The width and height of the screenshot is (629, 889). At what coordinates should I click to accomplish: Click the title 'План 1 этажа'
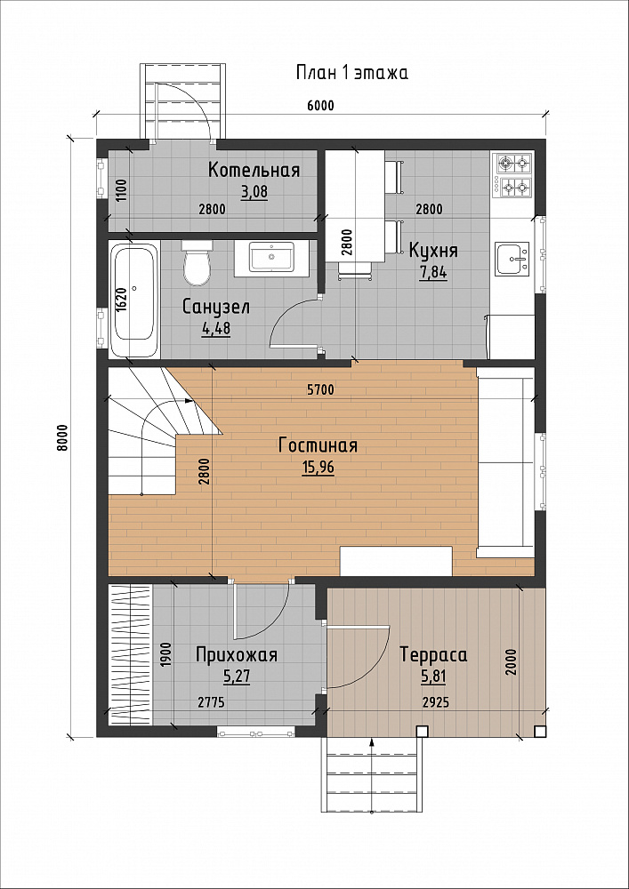click(x=351, y=73)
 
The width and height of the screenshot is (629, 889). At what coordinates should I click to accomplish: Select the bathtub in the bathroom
click(x=133, y=300)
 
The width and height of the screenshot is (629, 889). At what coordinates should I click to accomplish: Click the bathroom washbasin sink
click(x=272, y=258)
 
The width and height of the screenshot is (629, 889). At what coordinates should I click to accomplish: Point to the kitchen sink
click(x=512, y=259)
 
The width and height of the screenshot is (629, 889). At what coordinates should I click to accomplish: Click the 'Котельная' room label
click(x=254, y=170)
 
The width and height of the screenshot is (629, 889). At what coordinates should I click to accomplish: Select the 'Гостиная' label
click(x=319, y=445)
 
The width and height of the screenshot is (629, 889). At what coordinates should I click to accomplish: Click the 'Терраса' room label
click(x=433, y=655)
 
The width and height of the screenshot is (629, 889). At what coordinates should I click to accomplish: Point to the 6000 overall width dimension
click(x=321, y=106)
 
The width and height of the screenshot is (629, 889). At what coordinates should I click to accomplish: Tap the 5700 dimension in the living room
click(x=321, y=389)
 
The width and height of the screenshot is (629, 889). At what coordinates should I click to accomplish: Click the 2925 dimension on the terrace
click(x=436, y=702)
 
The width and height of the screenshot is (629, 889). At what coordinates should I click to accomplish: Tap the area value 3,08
click(x=254, y=192)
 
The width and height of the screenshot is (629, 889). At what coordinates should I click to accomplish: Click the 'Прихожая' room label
click(x=237, y=655)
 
